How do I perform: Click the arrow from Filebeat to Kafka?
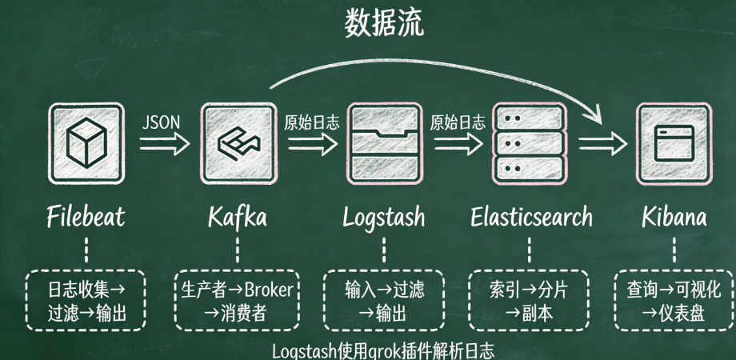point(164,145)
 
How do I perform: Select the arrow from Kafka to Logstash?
point(311,145)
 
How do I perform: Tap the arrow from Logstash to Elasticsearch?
point(457,145)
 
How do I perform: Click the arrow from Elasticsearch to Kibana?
point(602,145)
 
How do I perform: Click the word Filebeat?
point(86,217)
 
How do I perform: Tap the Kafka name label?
point(238,217)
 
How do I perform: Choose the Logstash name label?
point(383,217)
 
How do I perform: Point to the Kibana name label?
point(674,217)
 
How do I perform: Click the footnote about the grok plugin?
point(383,351)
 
